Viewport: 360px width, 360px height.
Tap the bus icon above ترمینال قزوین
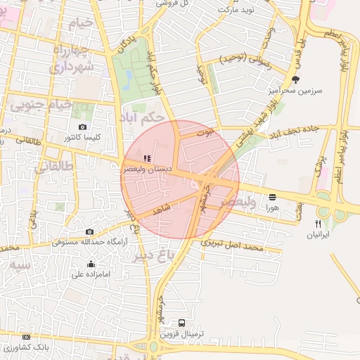click(182, 323)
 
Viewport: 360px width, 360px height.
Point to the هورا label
click(272, 208)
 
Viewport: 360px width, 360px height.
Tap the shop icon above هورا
click(272, 197)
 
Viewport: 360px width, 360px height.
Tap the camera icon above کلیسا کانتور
click(83, 127)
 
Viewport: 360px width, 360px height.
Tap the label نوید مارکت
click(234, 9)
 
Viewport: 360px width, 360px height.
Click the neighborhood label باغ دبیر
click(153, 257)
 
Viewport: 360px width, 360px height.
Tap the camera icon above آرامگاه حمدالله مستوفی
click(89, 231)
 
